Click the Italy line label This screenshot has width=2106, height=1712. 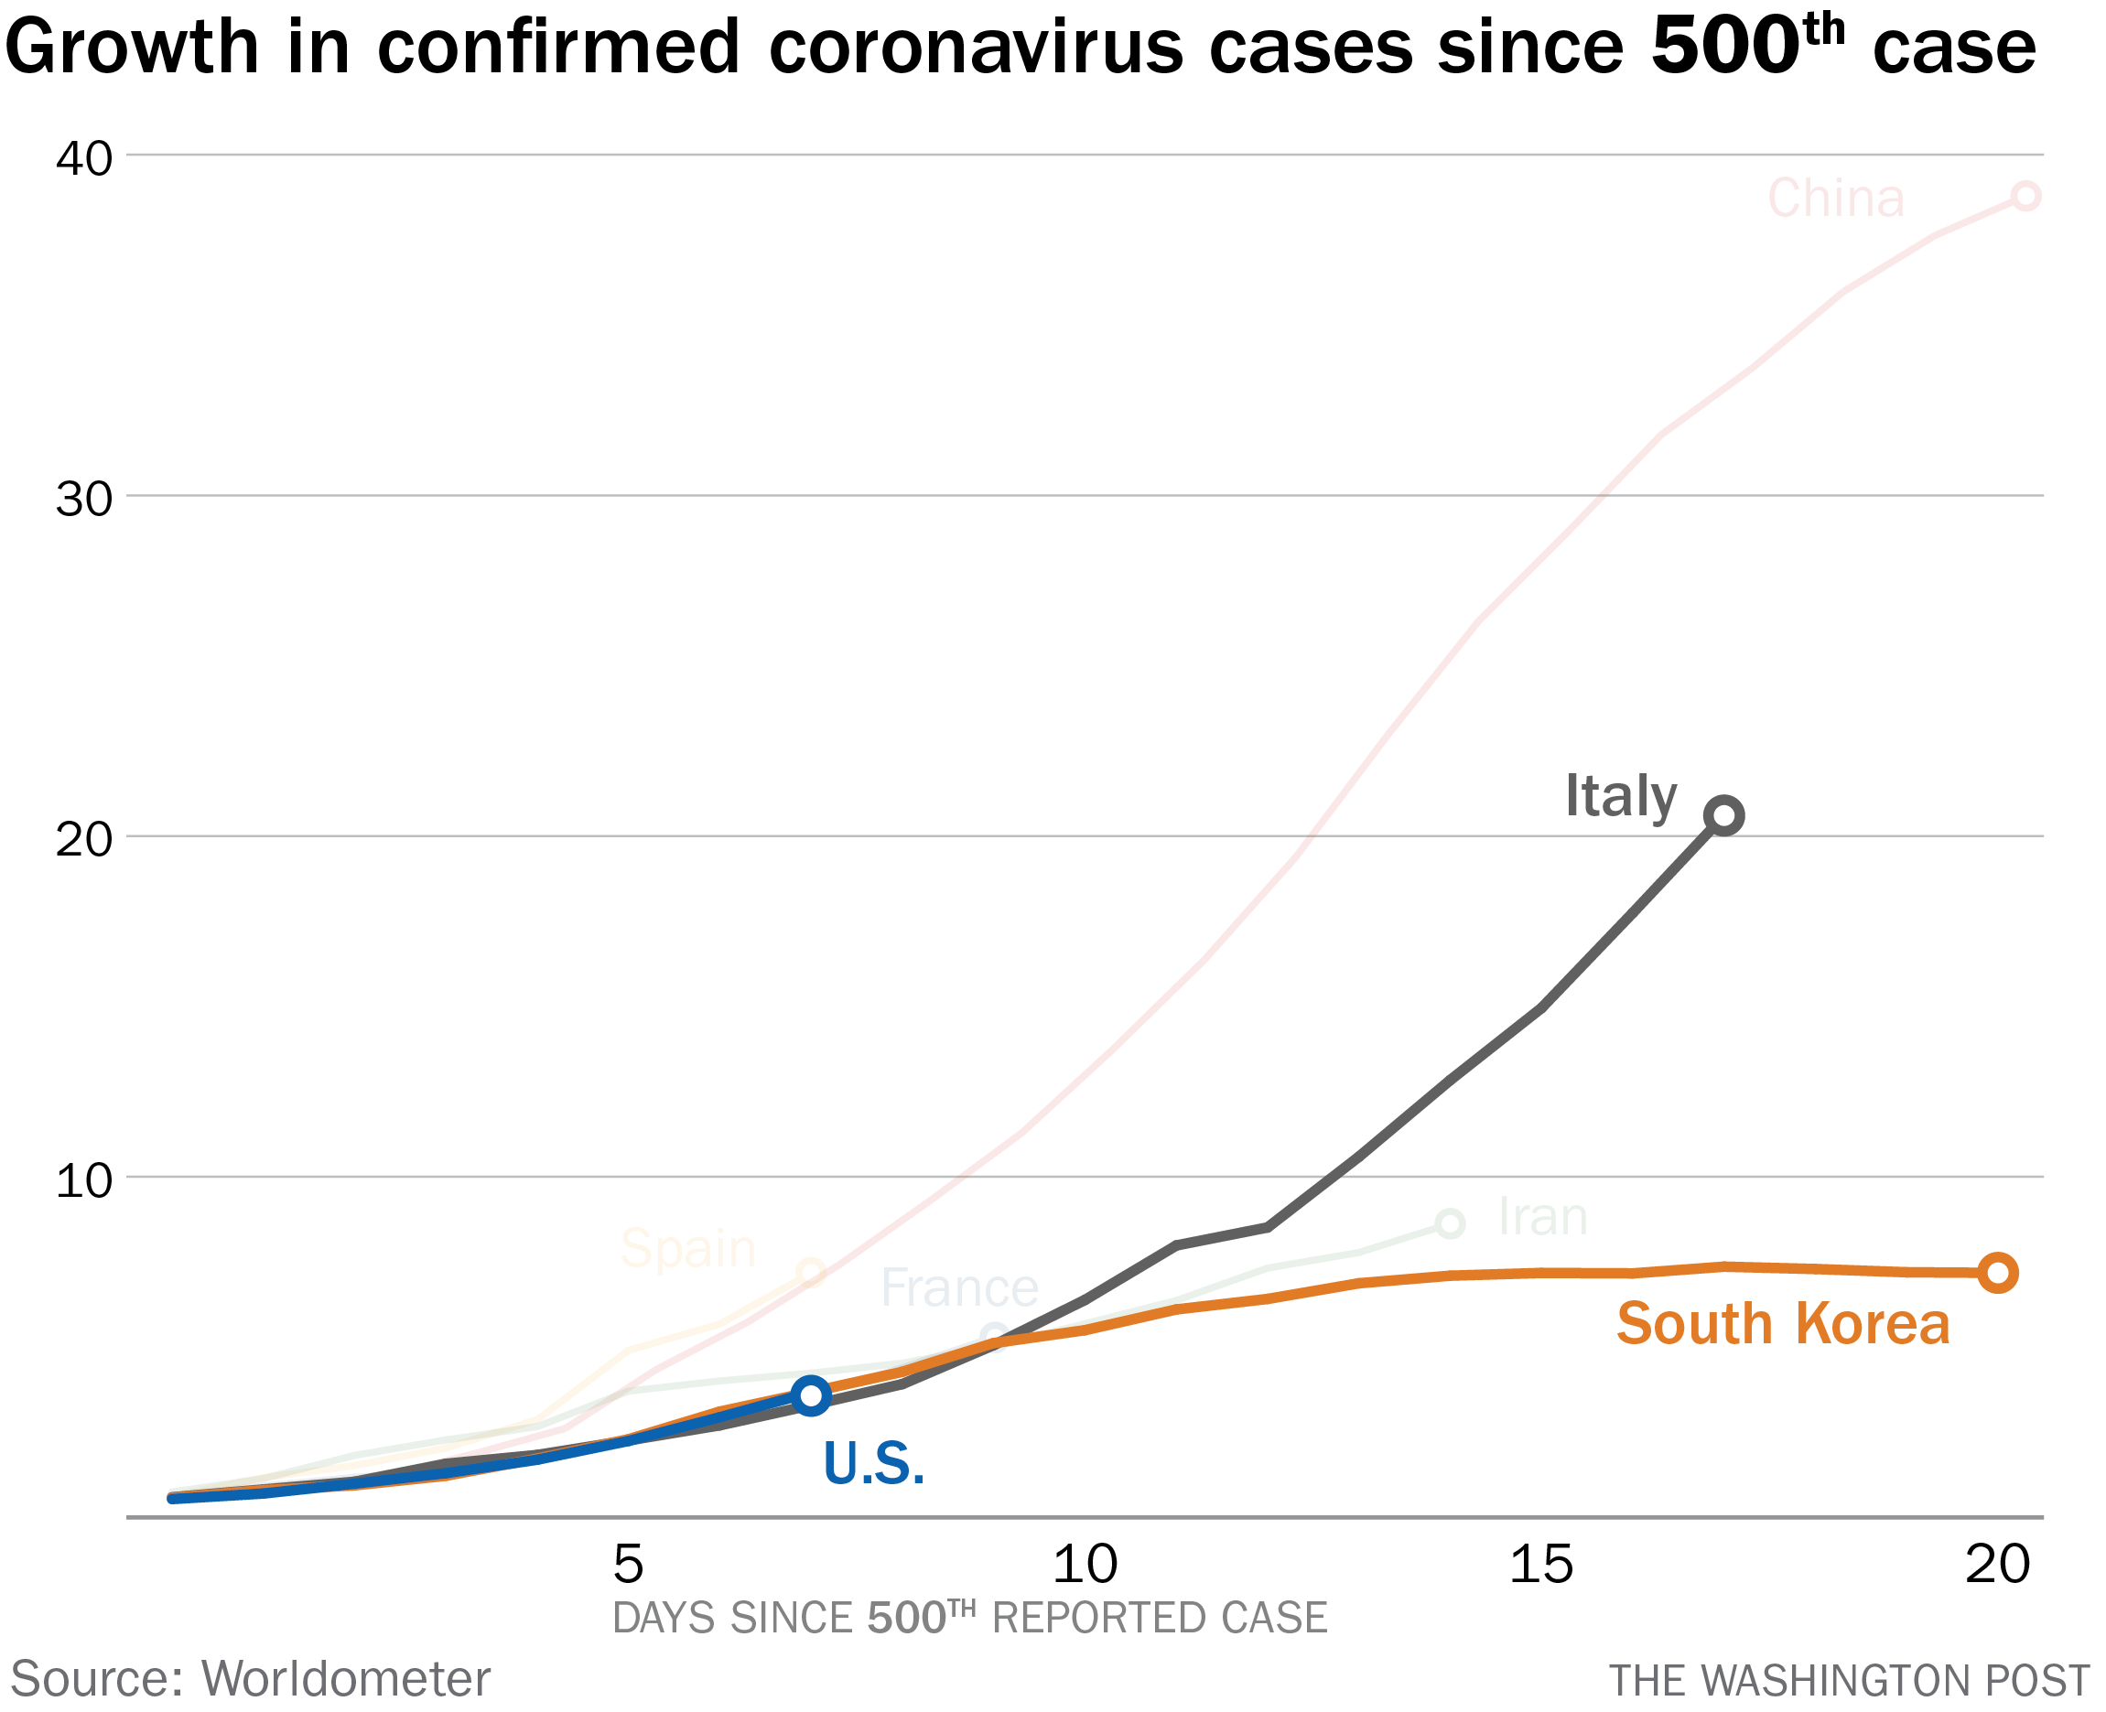click(1620, 797)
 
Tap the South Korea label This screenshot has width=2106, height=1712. click(1782, 1324)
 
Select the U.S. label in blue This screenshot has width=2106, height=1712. click(874, 1463)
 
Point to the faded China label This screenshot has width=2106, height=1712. click(1835, 199)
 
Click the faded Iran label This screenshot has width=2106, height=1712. click(1543, 1217)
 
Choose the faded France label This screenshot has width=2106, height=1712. click(959, 1288)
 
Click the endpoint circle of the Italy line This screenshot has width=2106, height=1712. click(1723, 815)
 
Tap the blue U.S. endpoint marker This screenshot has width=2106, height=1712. click(811, 1395)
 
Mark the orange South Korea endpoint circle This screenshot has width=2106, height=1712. click(1997, 1273)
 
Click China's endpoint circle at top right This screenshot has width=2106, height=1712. click(2025, 196)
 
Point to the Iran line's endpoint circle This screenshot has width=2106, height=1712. click(1449, 1224)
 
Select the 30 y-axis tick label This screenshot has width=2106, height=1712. click(84, 499)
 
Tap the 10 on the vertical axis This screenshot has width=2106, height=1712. click(84, 1180)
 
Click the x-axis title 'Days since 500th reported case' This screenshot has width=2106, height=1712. click(969, 1620)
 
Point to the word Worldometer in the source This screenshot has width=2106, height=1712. click(345, 1679)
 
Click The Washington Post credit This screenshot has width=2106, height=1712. click(1849, 1682)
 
